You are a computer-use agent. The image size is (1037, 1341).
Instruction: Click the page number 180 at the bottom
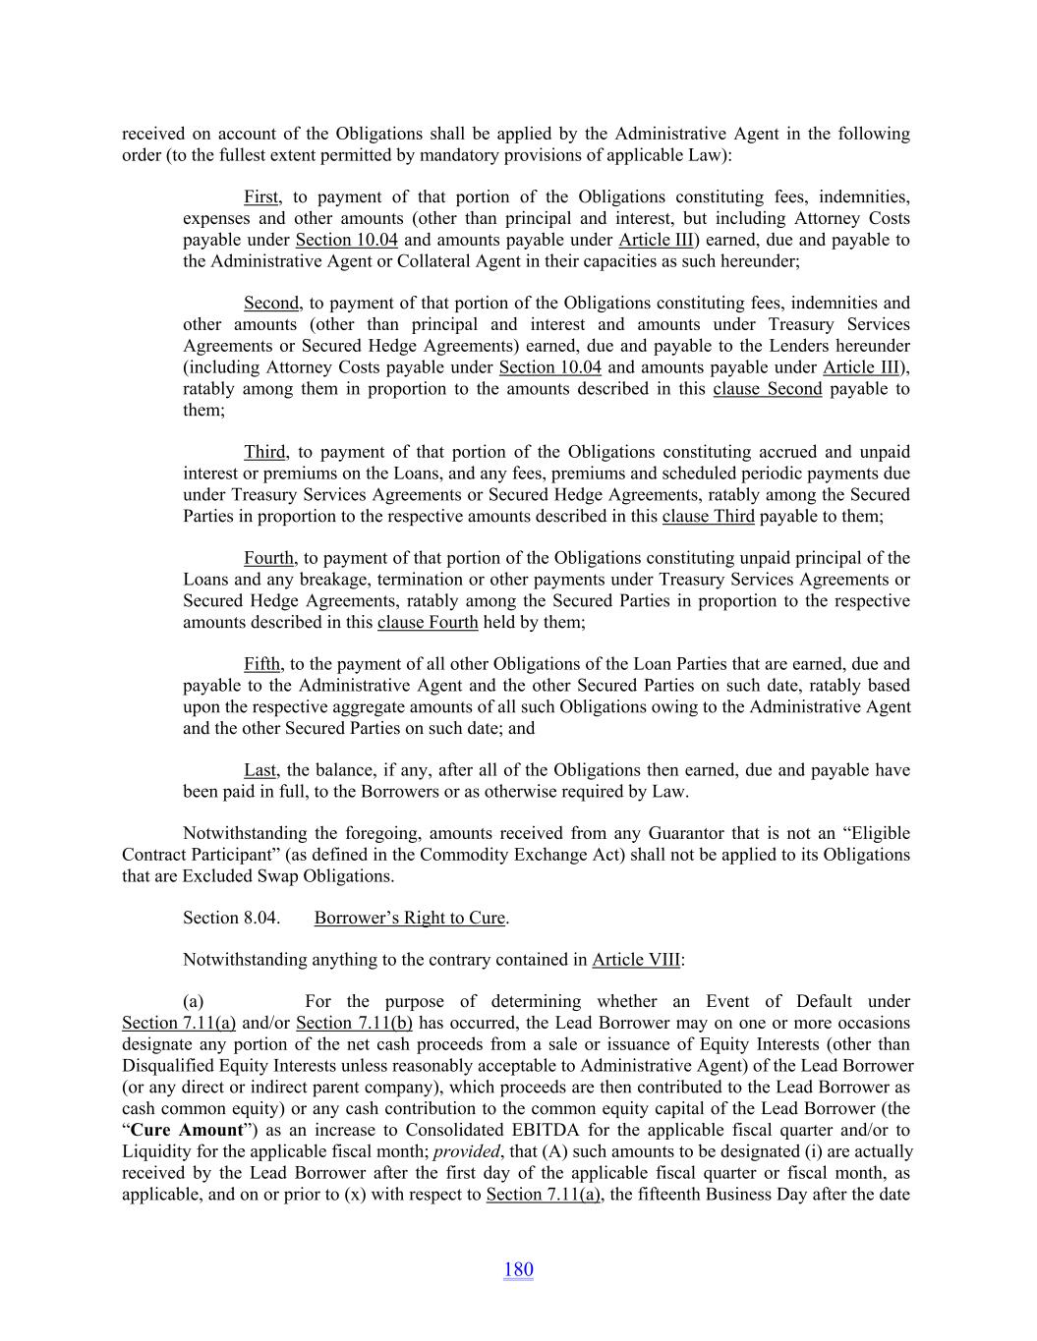(x=518, y=1269)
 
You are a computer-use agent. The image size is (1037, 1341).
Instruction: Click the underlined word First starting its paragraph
(x=261, y=197)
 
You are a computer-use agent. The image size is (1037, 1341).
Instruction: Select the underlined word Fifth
(x=261, y=665)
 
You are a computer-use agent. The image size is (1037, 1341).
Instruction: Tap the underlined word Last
(x=260, y=771)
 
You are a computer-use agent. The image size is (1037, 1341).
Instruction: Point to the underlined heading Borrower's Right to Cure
(x=410, y=919)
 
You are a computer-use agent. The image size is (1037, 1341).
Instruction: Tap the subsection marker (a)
(x=194, y=1002)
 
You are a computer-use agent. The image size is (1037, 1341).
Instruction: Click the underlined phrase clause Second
(x=767, y=389)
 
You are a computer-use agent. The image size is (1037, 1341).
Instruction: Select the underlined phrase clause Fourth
(x=428, y=623)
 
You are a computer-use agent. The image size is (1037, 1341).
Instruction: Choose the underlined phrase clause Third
(x=708, y=517)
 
